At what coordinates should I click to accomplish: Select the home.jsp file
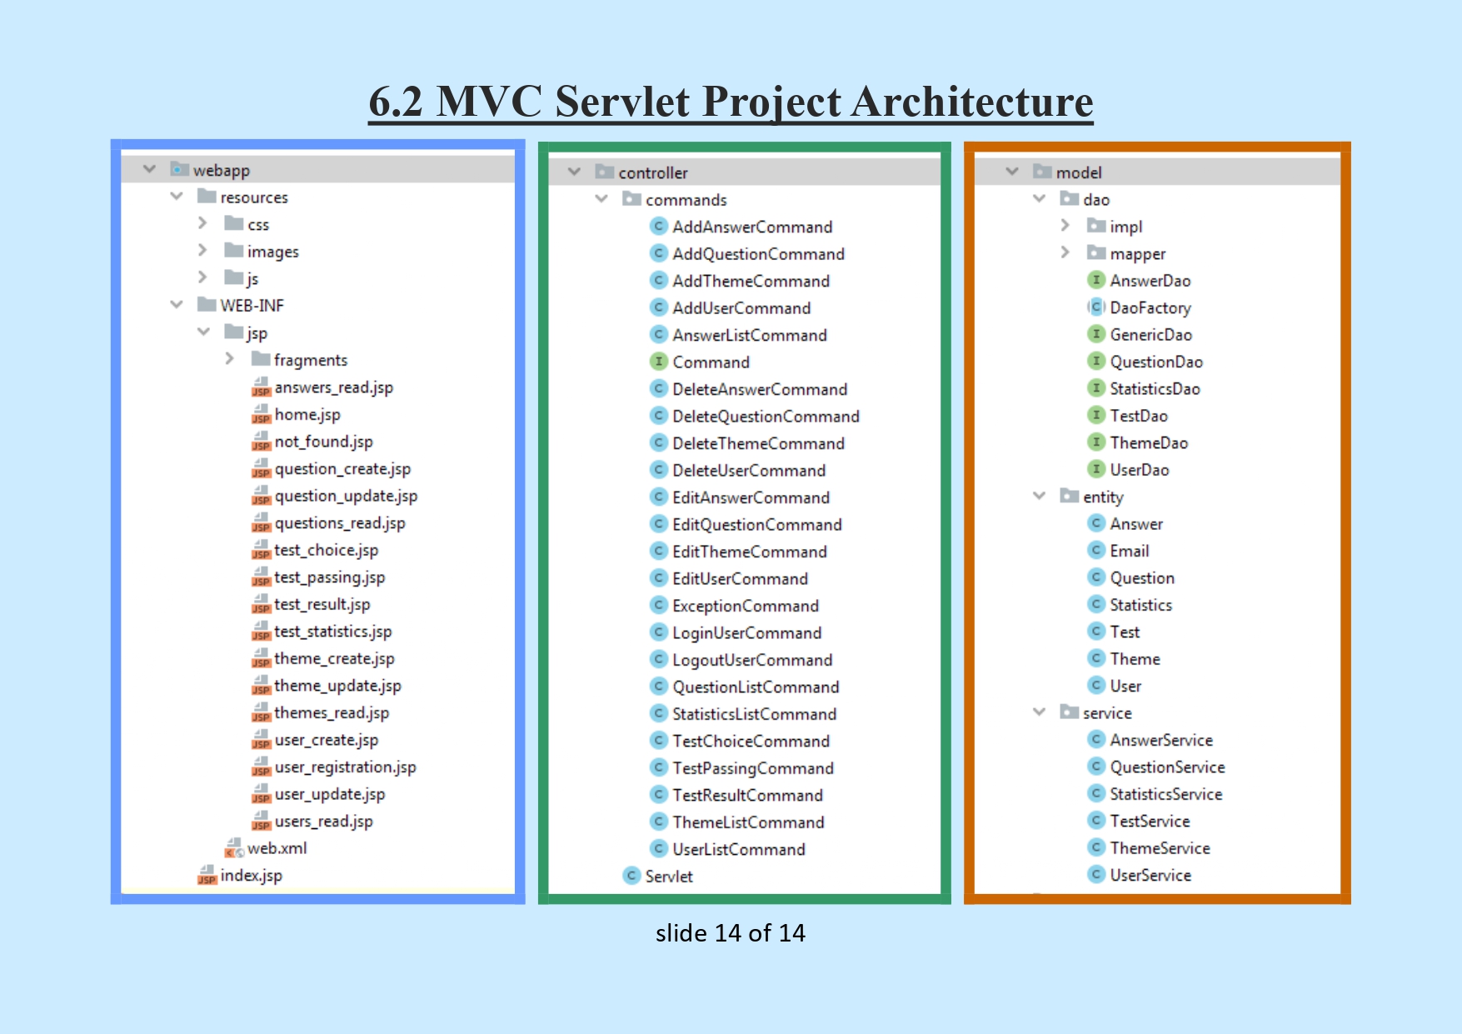(307, 415)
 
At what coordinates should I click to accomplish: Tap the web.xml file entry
(277, 848)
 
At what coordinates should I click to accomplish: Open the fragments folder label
(310, 360)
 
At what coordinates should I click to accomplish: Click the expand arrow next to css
(202, 223)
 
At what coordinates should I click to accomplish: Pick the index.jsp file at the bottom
(251, 876)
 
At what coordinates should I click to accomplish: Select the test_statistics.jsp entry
(332, 632)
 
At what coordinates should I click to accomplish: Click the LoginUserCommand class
(746, 633)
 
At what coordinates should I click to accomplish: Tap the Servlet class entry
(668, 877)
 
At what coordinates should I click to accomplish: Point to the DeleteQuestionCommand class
(766, 417)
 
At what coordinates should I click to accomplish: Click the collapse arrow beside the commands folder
(601, 199)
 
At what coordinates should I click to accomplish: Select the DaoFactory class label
(1150, 308)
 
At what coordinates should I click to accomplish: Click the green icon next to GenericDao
(1096, 334)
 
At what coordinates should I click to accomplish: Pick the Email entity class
(1129, 552)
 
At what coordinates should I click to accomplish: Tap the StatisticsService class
(1165, 795)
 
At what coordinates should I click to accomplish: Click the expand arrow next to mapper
(1065, 252)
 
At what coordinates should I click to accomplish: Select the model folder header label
(1078, 172)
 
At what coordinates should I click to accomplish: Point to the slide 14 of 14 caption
(730, 933)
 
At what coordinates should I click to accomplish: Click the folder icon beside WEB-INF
(207, 305)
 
